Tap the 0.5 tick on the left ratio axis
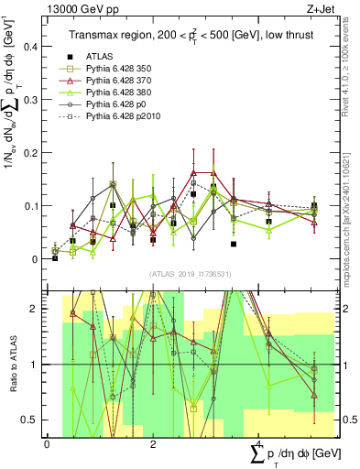coord(32,420)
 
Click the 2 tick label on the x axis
coord(153,443)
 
